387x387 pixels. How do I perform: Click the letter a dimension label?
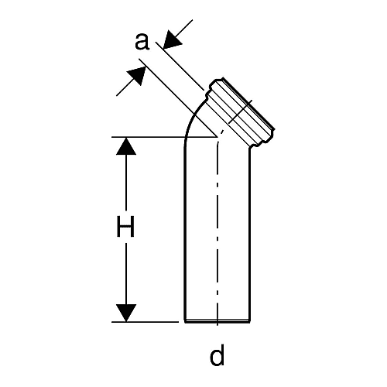pos(142,42)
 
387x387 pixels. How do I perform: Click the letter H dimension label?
pos(125,227)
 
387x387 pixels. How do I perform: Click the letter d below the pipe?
pos(217,354)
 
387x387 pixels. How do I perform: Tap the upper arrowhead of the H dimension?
pos(126,146)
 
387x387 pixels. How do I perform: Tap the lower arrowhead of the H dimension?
pos(126,313)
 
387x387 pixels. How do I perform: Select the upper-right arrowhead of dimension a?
pos(173,39)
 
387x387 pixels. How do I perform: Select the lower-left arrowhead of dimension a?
pos(136,76)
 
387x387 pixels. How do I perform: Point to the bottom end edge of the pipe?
pos(217,321)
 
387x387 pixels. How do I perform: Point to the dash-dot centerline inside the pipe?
pos(217,227)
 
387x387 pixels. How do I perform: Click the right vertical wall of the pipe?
pos(249,235)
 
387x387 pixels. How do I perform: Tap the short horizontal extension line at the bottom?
pos(145,322)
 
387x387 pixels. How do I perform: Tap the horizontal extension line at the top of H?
pos(164,137)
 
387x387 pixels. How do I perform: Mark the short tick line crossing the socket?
pos(241,111)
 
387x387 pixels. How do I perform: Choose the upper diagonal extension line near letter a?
pos(180,66)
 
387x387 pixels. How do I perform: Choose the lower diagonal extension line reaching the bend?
pos(178,98)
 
